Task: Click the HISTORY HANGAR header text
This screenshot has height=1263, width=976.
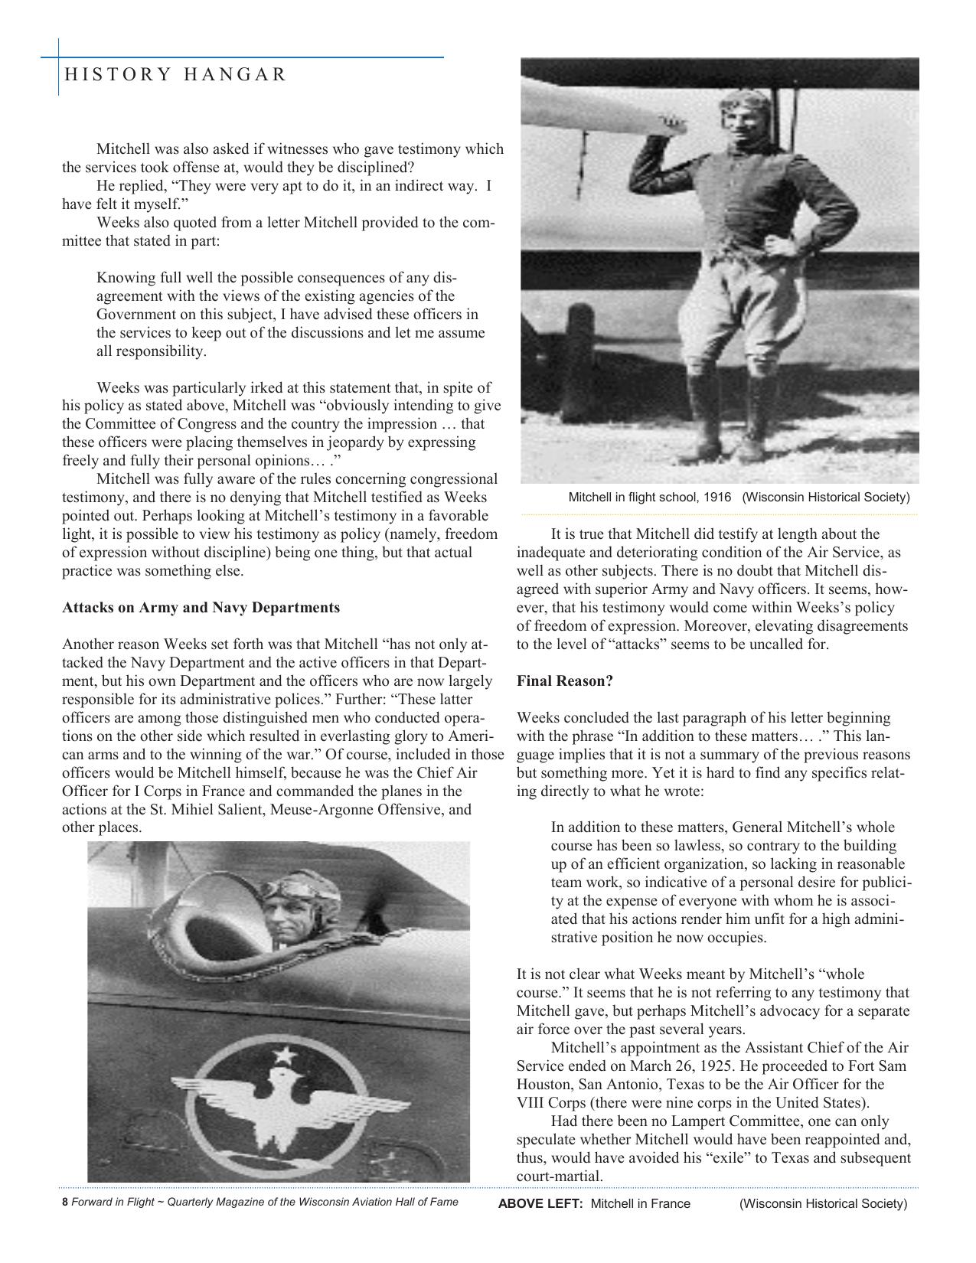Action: click(175, 74)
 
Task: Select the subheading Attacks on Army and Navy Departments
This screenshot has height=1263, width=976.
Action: click(201, 608)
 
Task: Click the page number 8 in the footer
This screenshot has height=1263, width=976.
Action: click(64, 1202)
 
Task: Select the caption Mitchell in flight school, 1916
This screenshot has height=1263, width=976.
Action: click(649, 498)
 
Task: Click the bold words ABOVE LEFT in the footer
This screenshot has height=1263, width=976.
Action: click(540, 1203)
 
